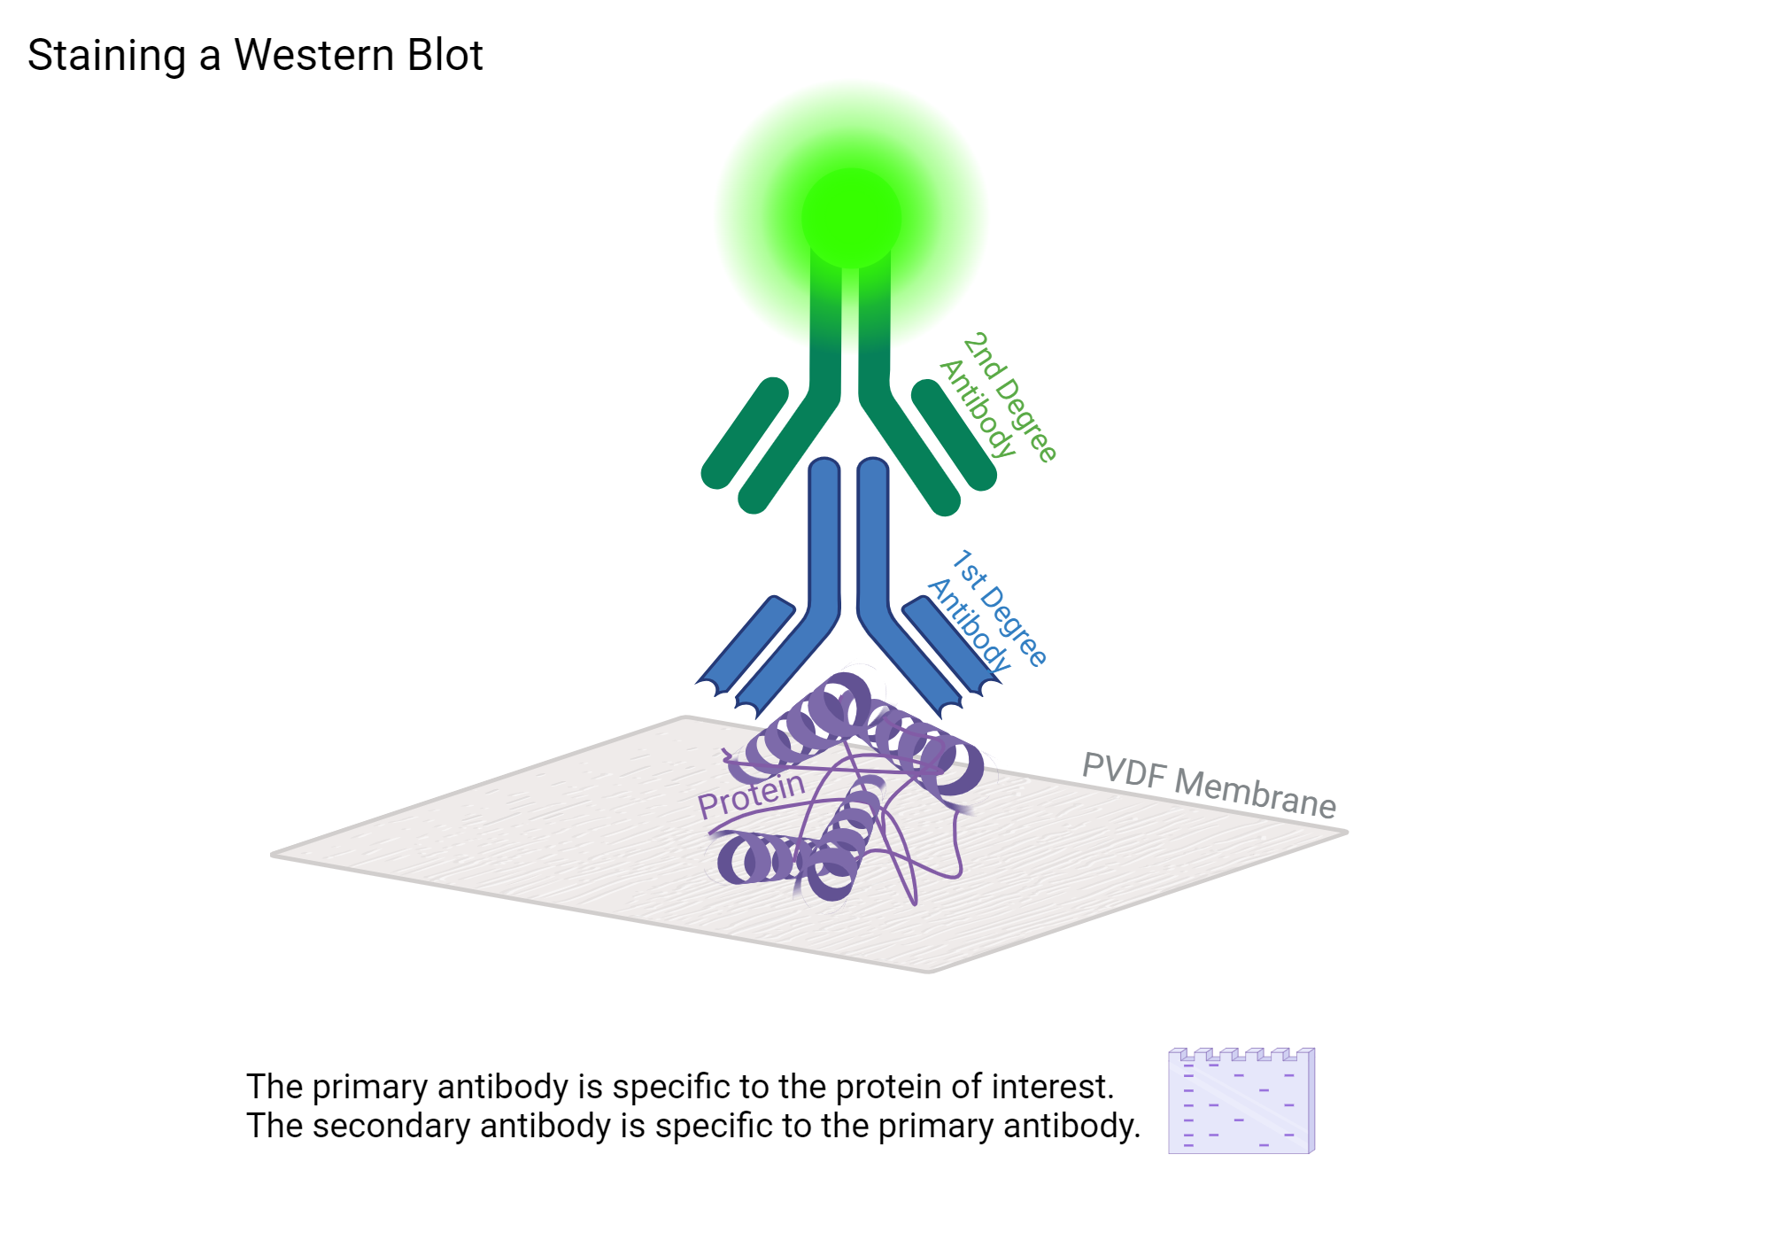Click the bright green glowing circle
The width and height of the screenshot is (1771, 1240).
[851, 218]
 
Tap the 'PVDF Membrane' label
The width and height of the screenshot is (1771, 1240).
[1209, 785]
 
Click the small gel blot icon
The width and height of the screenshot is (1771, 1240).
[1241, 1101]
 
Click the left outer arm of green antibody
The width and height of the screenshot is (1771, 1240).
[745, 433]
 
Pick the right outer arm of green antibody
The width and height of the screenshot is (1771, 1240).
[954, 434]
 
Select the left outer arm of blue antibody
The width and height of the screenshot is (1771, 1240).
[746, 641]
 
